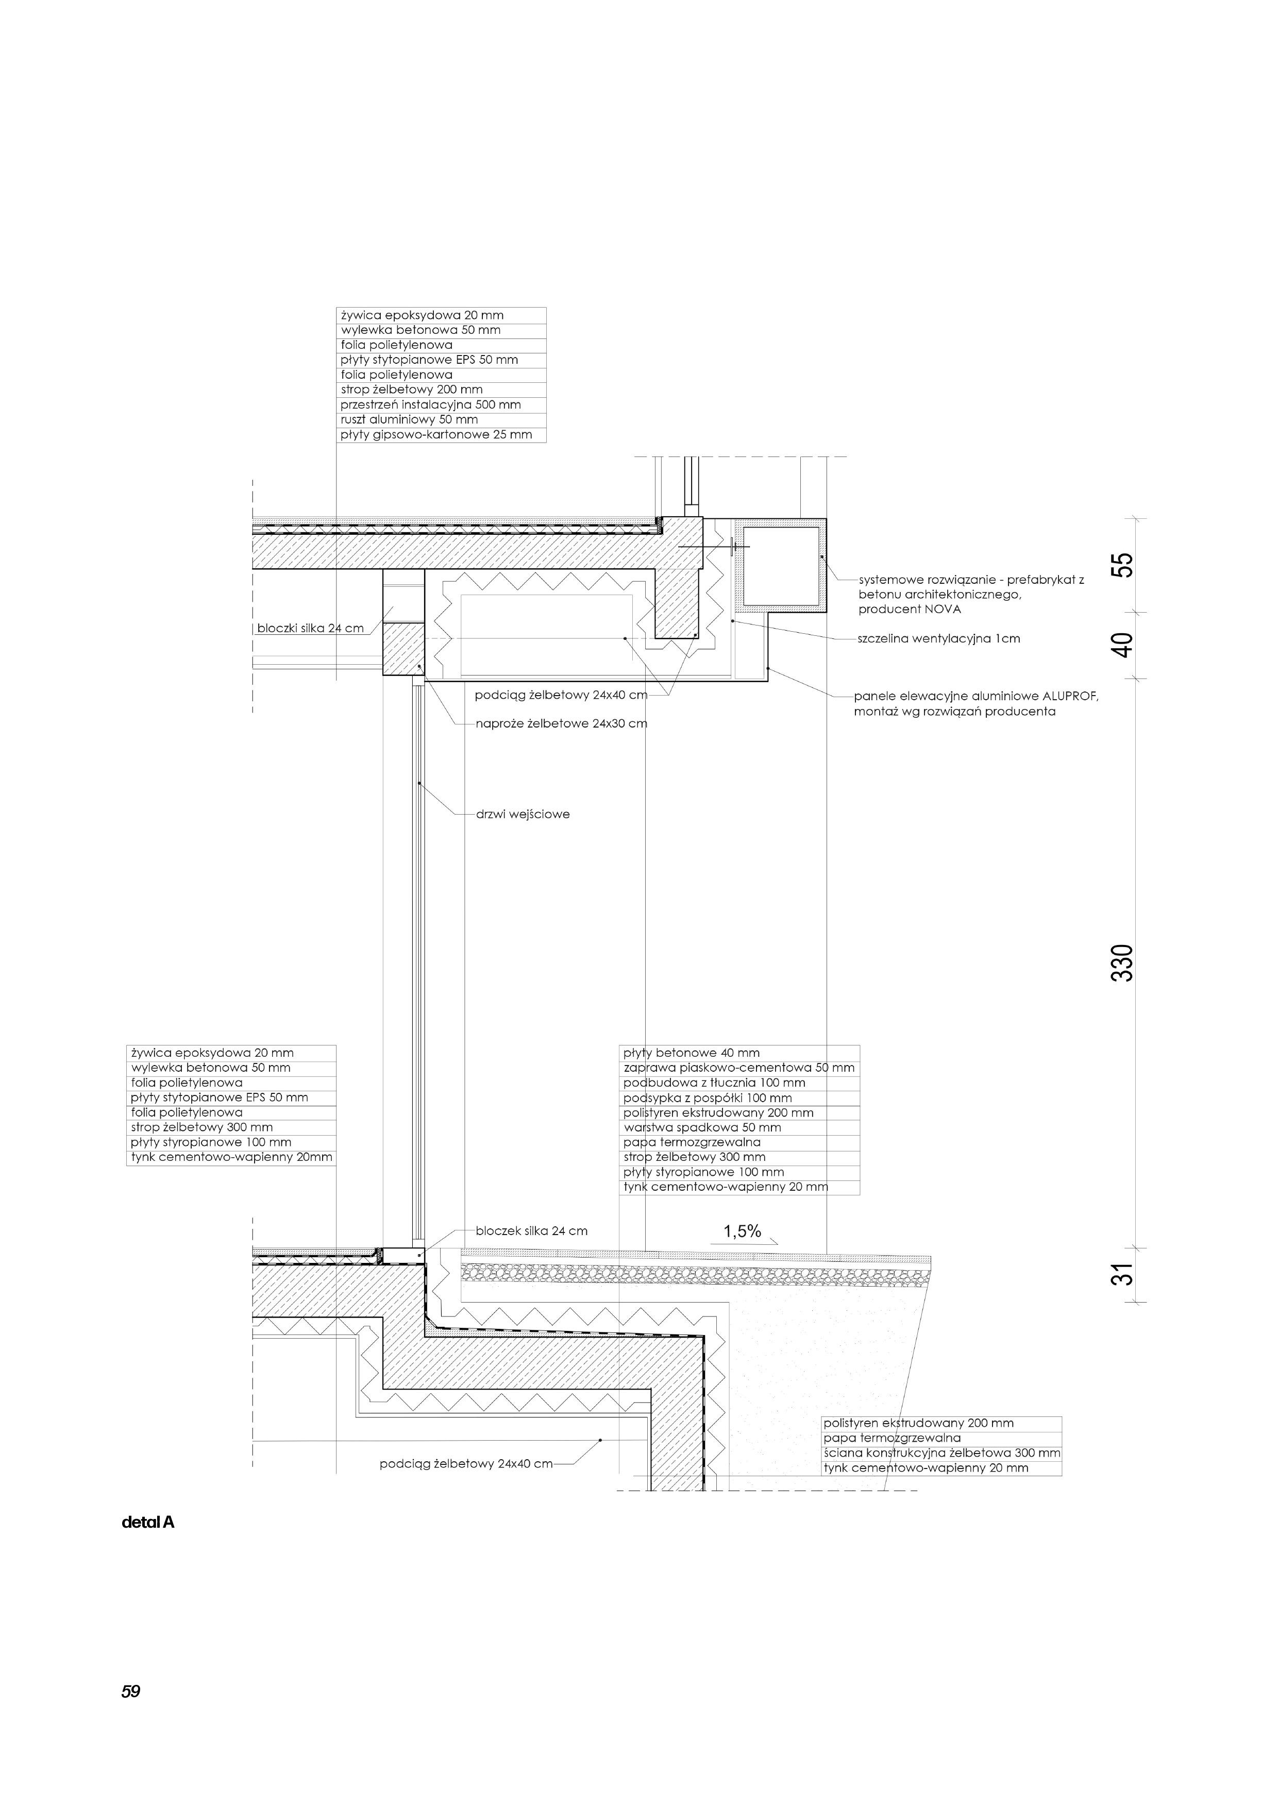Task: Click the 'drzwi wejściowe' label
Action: [x=523, y=815]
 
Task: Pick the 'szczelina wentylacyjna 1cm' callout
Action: [x=939, y=638]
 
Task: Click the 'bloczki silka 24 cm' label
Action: [x=311, y=629]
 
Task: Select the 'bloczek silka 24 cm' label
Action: [x=531, y=1231]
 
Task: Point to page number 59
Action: [x=130, y=1691]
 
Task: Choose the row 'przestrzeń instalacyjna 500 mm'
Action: [x=430, y=404]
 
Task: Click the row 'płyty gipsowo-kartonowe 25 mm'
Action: [x=436, y=434]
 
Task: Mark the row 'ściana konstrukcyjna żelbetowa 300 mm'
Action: [x=941, y=1453]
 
